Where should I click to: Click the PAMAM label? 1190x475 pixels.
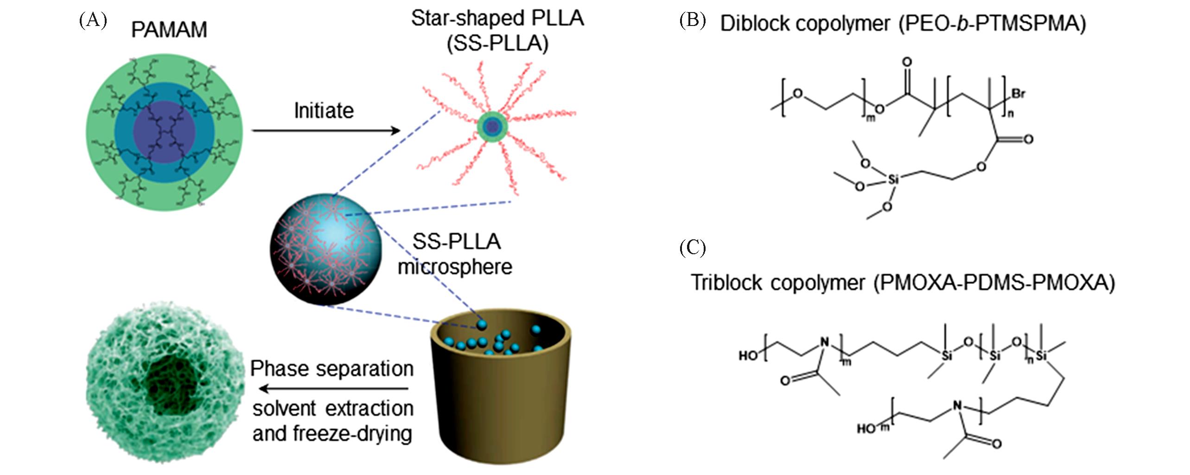point(169,30)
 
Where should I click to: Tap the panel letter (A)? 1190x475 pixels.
point(93,21)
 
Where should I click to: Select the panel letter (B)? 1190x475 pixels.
point(693,21)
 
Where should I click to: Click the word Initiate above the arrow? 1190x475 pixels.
point(324,111)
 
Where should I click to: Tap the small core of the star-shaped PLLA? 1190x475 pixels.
point(492,126)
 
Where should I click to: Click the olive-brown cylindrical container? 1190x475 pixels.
point(501,404)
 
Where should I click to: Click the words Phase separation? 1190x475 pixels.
point(332,369)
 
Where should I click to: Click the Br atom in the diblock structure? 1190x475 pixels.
point(1018,94)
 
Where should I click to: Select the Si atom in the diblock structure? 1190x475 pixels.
point(892,179)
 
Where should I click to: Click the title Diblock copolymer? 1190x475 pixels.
point(805,24)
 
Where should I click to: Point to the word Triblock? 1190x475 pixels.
point(726,282)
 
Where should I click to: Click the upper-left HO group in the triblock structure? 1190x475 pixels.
point(748,356)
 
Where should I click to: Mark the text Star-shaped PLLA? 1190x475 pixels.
point(497,19)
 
